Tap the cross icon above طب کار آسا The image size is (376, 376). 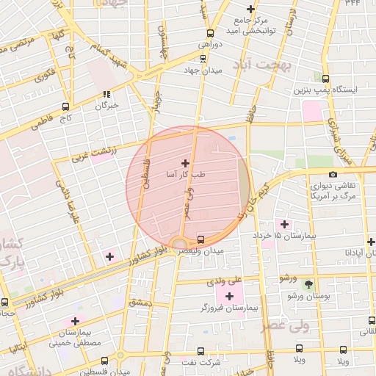point(184,163)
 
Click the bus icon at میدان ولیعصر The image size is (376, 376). point(201,239)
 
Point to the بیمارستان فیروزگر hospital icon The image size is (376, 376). point(229,296)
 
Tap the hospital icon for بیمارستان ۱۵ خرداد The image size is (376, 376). point(283,223)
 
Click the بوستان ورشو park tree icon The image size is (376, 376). point(308,283)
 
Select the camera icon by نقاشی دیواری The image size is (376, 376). point(333,174)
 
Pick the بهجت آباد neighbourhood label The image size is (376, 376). point(265,65)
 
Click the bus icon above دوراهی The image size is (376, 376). point(211,33)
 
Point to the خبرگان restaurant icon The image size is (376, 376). point(106,94)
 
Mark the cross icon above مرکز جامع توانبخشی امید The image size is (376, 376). point(251,9)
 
